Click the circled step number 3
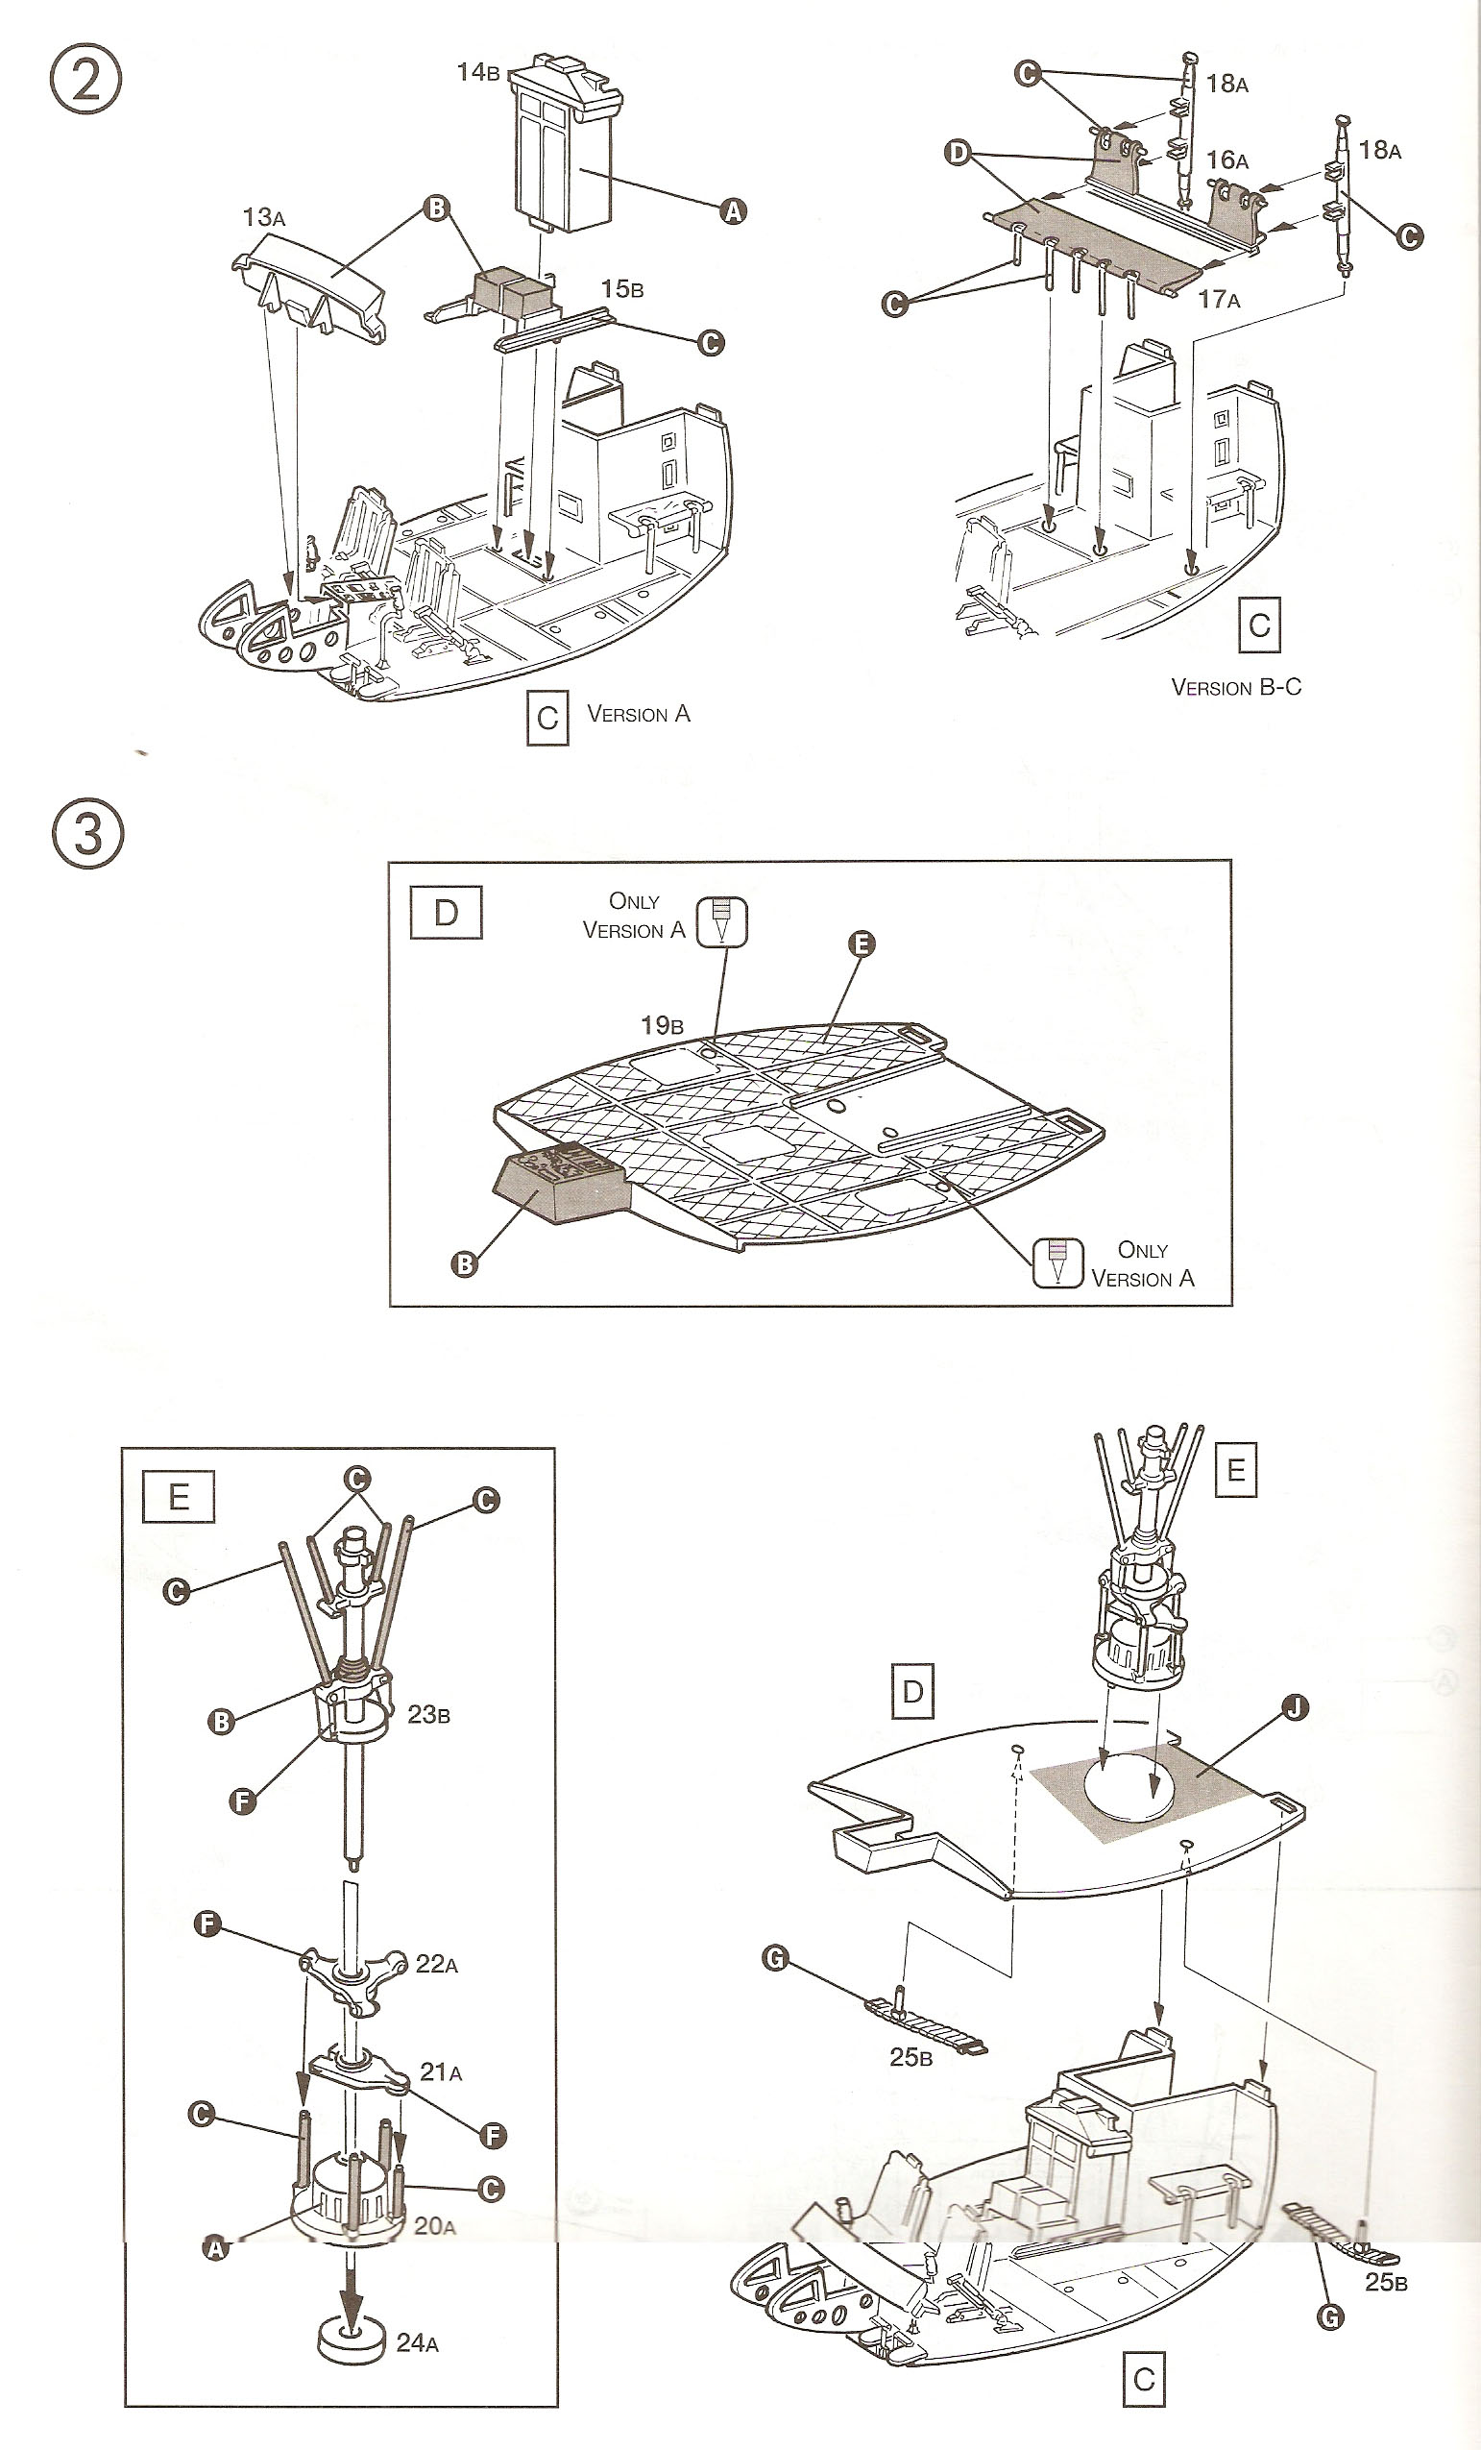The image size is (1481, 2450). tap(87, 832)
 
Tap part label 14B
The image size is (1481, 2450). tap(478, 72)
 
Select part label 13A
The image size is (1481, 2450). tap(263, 217)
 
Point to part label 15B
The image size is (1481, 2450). tap(622, 288)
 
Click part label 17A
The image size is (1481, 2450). tap(1219, 298)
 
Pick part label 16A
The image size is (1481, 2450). tap(1227, 160)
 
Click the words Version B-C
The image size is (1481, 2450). tap(1235, 687)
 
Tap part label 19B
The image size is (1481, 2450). tap(661, 1025)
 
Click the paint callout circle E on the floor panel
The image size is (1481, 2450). tap(861, 943)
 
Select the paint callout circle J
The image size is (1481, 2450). tap(1294, 1708)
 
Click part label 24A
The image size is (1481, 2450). tap(418, 2343)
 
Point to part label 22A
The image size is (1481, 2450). tap(436, 1964)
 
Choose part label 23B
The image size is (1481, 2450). tap(428, 1714)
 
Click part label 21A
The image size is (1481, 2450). tap(440, 2072)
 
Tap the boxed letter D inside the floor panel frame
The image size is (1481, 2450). tap(447, 913)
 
